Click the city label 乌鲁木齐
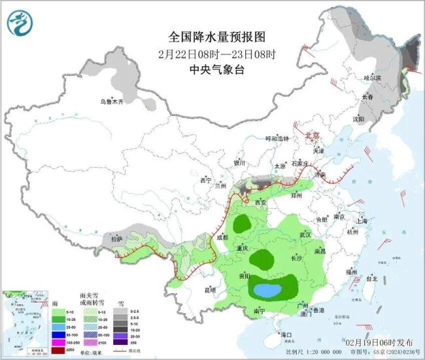click(x=111, y=101)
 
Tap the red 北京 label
click(x=313, y=135)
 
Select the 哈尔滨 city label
click(x=371, y=78)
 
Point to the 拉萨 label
click(x=117, y=240)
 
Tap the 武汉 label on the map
click(x=306, y=234)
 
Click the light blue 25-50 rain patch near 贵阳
click(x=267, y=289)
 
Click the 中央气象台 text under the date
click(x=207, y=70)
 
